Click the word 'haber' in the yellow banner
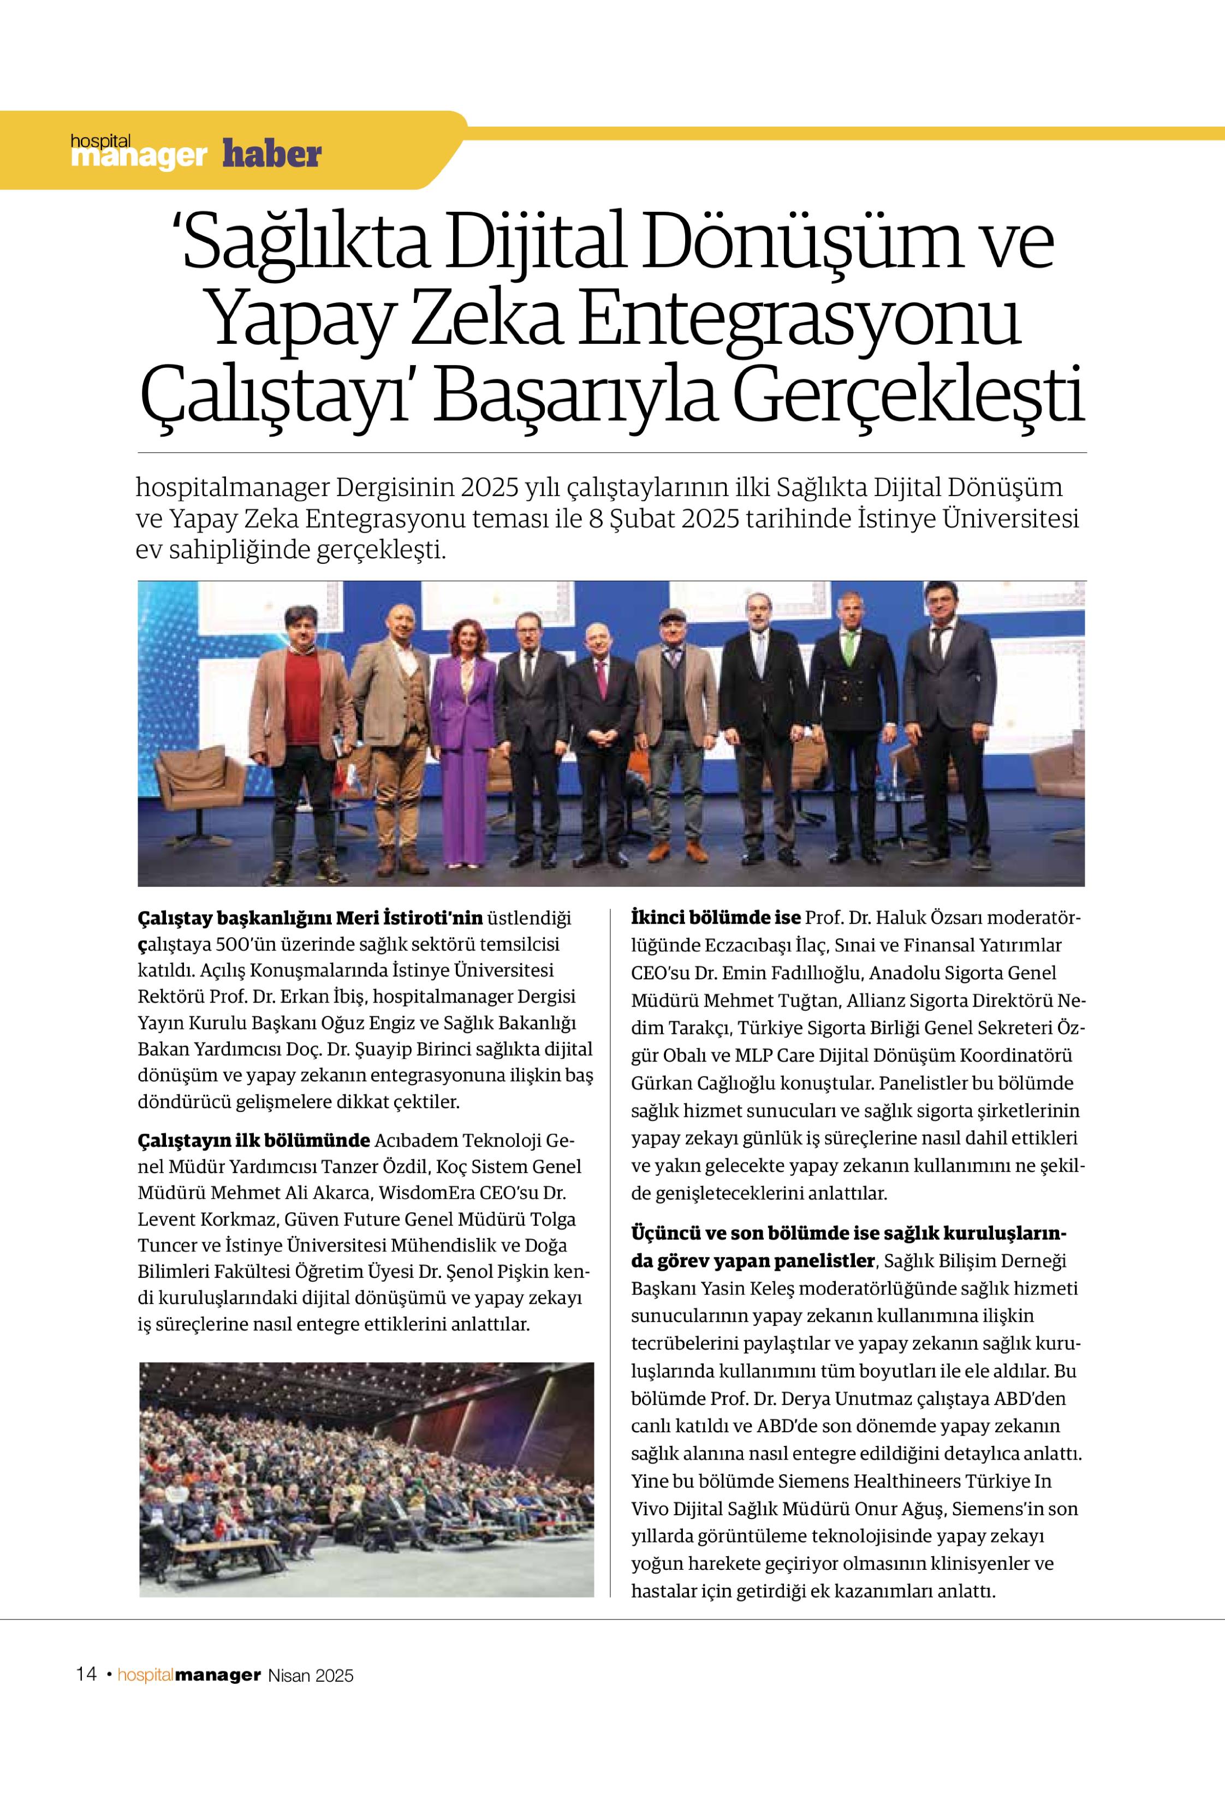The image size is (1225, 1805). coord(271,154)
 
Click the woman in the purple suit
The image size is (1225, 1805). coord(465,722)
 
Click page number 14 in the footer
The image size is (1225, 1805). coord(86,1674)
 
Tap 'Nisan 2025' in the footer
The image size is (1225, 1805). coord(311,1675)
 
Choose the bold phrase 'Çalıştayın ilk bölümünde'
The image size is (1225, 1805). coord(253,1140)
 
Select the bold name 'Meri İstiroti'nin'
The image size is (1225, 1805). coord(409,918)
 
